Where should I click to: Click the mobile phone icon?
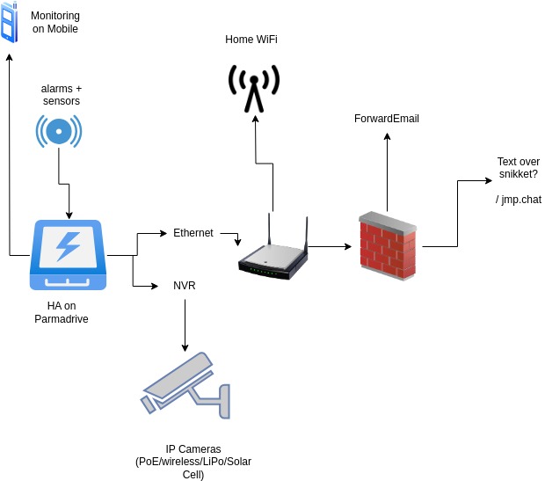tap(9, 22)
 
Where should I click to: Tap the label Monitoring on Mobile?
tap(54, 23)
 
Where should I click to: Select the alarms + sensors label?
tap(62, 95)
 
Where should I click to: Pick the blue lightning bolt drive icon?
tap(69, 255)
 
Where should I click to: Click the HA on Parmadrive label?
tap(62, 312)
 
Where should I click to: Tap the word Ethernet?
tap(193, 233)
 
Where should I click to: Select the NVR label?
tap(185, 286)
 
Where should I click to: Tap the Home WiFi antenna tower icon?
tap(254, 88)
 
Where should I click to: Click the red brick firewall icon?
tap(388, 246)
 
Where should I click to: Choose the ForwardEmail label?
tap(387, 119)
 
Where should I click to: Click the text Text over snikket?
tap(518, 167)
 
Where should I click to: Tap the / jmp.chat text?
tap(519, 200)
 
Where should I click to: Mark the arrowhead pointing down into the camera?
tap(185, 348)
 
